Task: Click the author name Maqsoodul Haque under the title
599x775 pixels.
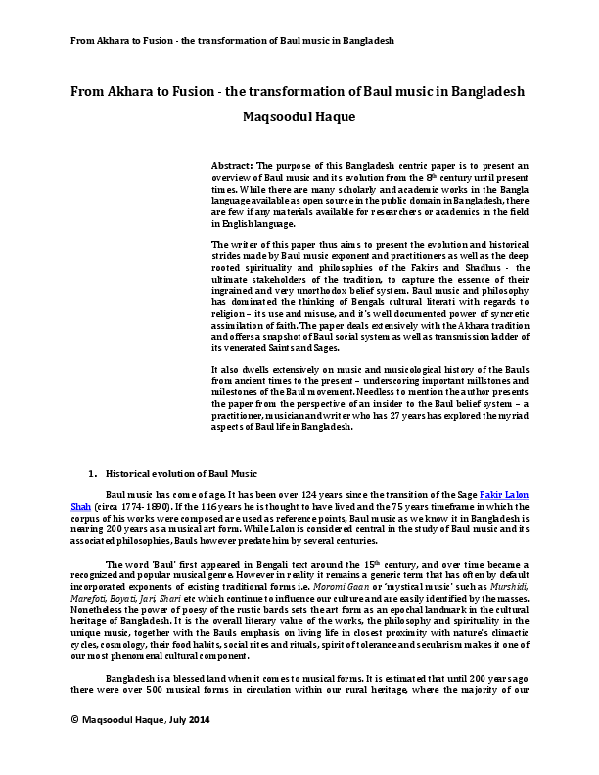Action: [x=299, y=117]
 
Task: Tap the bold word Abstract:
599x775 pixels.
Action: [x=232, y=167]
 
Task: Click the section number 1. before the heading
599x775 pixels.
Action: [x=92, y=472]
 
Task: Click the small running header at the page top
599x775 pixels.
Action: [x=231, y=41]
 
